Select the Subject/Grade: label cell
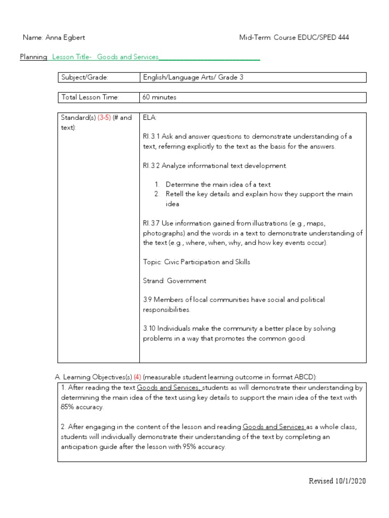click(85, 77)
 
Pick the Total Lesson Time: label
click(90, 97)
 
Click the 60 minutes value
click(160, 97)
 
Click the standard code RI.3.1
click(152, 137)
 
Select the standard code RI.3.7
click(152, 223)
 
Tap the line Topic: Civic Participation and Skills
click(197, 262)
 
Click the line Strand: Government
click(174, 281)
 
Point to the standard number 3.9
click(147, 300)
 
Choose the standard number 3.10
click(149, 329)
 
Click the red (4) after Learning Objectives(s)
click(137, 377)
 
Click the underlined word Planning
click(34, 57)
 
